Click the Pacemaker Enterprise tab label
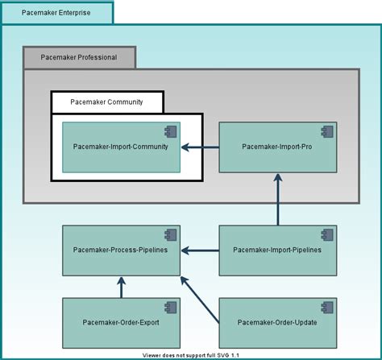tap(56, 13)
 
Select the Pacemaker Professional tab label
tap(79, 58)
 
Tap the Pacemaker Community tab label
tap(106, 101)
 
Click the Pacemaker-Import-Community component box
tap(121, 147)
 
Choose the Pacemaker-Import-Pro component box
tap(277, 147)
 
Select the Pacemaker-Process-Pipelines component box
tap(121, 250)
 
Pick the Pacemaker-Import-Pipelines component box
tap(277, 250)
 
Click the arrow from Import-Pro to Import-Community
tap(200, 147)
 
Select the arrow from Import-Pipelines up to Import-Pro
tap(277, 201)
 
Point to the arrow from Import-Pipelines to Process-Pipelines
tap(200, 250)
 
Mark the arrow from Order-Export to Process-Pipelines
tap(121, 286)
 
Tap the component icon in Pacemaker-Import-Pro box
tap(326, 131)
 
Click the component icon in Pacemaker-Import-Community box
tap(170, 131)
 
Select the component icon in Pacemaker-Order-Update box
tap(326, 307)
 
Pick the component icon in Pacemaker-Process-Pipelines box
tap(170, 234)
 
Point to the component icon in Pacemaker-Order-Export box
tap(170, 307)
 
